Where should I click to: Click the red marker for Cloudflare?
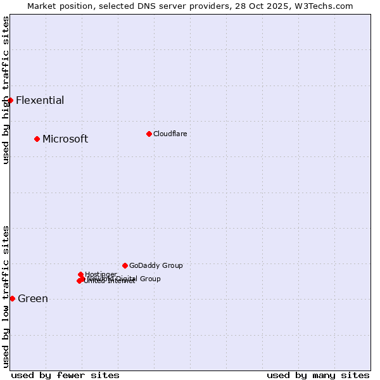click(149, 134)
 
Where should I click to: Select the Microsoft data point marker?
click(37, 139)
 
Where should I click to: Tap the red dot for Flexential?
click(10, 100)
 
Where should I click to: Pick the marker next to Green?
click(12, 298)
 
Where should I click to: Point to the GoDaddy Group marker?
click(125, 265)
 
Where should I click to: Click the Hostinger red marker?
click(80, 274)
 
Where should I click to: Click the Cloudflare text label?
click(170, 134)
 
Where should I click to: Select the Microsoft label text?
click(65, 139)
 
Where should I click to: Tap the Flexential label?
click(40, 100)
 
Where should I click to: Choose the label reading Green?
click(33, 299)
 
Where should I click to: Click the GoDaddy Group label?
click(156, 265)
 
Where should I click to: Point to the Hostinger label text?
click(101, 274)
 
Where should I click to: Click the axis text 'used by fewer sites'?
click(65, 375)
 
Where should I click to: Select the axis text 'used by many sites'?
click(318, 375)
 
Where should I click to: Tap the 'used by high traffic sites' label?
click(6, 90)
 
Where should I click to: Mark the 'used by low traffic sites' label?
click(6, 296)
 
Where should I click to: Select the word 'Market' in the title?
click(42, 6)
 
